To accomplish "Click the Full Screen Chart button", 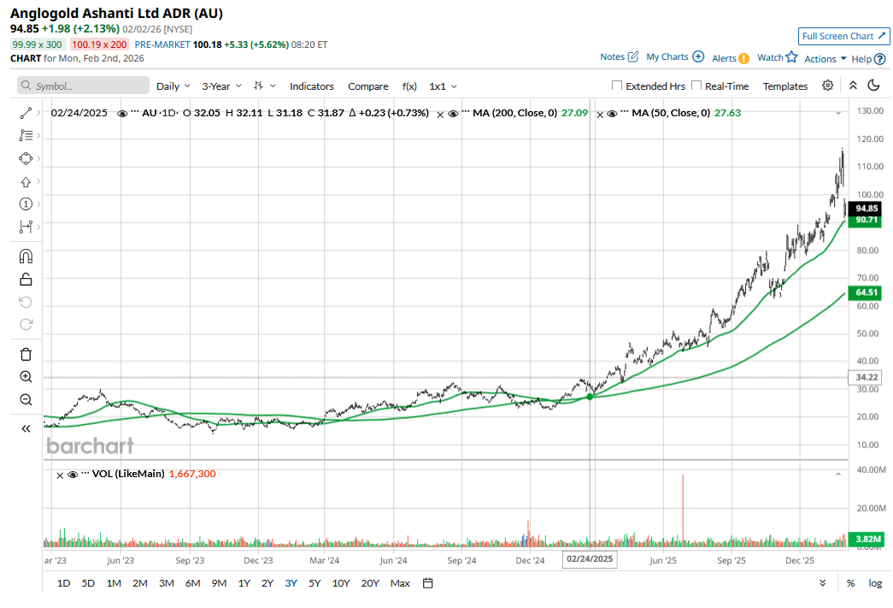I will coord(844,36).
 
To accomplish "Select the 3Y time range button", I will coord(291,583).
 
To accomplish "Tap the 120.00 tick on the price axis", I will coord(870,139).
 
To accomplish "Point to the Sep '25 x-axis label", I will coord(731,561).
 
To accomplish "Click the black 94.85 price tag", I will coord(867,208).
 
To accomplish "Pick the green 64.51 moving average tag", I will coord(867,292).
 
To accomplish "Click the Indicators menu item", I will coord(311,86).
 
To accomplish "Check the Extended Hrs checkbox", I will coord(617,86).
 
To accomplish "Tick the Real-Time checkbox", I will coord(696,86).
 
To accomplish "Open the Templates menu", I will coord(784,86).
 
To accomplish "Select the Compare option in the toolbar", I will coord(368,86).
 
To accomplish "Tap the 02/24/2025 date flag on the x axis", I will coord(590,559).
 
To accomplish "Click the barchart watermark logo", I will coord(90,446).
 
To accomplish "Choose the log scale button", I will coord(875,583).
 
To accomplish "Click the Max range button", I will coord(400,583).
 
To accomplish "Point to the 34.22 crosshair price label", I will coord(867,377).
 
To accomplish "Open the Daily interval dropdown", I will coord(173,86).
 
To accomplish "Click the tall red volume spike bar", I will coord(683,510).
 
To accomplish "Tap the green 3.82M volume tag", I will coord(867,539).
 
